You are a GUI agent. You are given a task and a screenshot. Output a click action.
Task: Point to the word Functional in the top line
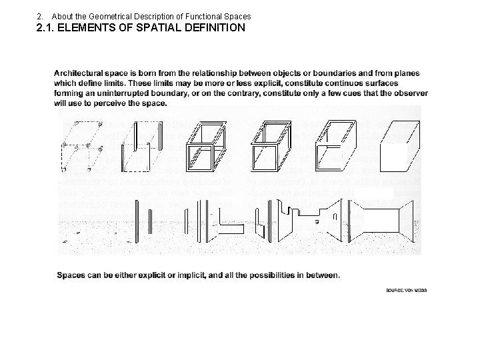[194, 15]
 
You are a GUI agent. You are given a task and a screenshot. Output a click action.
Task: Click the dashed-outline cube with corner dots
[81, 143]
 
